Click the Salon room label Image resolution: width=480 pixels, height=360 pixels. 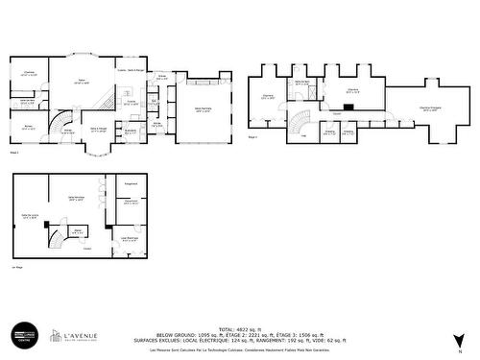point(83,83)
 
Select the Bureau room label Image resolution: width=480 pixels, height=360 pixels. point(28,125)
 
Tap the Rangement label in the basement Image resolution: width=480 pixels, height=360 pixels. point(131,182)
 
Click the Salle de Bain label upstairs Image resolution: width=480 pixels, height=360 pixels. point(301,83)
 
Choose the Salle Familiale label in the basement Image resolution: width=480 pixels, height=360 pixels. point(65,199)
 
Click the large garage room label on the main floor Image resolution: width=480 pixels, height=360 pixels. point(203,109)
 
